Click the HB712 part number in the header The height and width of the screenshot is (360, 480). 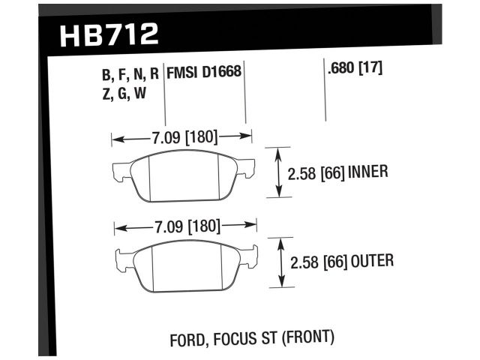pos(106,34)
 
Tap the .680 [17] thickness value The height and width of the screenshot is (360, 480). pos(355,69)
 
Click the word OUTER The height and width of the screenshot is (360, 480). pos(370,261)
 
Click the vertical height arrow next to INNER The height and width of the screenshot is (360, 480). pos(278,172)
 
